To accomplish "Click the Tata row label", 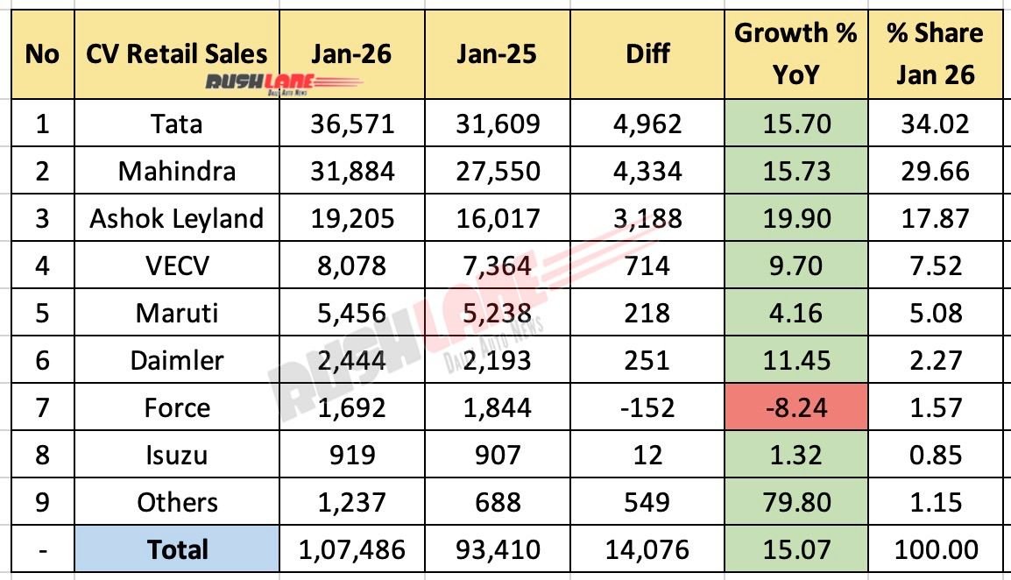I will [x=177, y=124].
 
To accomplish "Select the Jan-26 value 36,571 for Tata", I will [x=352, y=124].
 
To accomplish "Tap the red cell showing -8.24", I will [x=795, y=408].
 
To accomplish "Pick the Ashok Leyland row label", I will [x=177, y=218].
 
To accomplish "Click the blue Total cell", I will [x=177, y=550].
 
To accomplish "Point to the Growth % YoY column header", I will [x=795, y=54].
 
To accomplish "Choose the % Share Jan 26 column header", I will [x=934, y=54].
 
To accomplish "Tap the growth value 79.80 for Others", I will [x=795, y=503].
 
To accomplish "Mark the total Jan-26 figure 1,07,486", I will [x=352, y=550].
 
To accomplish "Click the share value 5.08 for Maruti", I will [x=934, y=313].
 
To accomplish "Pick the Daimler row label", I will [x=177, y=360].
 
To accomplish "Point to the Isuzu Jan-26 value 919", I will [x=352, y=456].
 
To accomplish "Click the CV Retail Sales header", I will [x=177, y=54].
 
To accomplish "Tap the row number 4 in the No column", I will [x=41, y=265].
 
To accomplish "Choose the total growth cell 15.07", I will [x=795, y=550].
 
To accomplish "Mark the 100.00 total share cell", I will [x=934, y=550].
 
